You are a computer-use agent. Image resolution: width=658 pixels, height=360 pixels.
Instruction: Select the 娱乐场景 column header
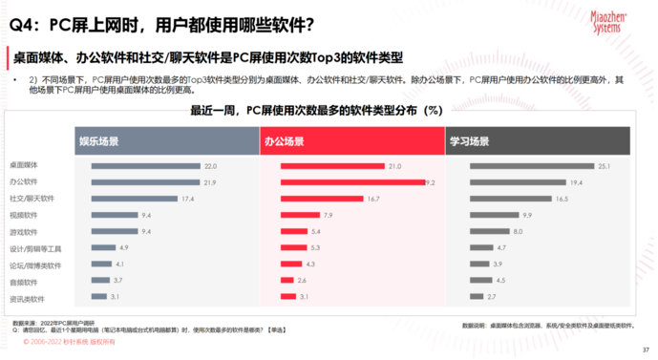click(x=98, y=141)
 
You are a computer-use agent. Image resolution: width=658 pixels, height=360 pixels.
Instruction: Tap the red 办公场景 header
click(x=286, y=141)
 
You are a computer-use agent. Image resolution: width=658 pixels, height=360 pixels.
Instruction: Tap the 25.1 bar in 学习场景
click(x=532, y=166)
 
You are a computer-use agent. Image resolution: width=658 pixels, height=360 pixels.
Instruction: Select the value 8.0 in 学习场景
click(x=518, y=232)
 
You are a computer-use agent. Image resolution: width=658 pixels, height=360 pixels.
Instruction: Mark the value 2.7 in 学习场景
click(x=492, y=297)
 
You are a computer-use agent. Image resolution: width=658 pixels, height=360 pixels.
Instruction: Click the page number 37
click(x=646, y=349)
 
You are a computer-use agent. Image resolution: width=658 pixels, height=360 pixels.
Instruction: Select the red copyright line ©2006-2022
click(x=62, y=340)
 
